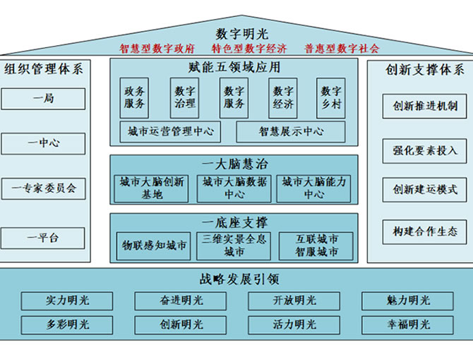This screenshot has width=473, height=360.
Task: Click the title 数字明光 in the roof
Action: click(x=241, y=34)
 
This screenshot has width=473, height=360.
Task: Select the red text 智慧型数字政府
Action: click(x=157, y=49)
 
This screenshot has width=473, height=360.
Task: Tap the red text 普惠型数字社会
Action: click(x=342, y=49)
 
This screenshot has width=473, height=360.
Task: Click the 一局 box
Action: click(x=43, y=99)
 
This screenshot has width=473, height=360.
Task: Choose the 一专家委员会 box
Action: click(x=44, y=188)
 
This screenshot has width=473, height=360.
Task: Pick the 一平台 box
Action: click(x=42, y=238)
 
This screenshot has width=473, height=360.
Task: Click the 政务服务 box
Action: click(x=134, y=97)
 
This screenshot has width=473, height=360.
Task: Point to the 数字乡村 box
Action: click(x=331, y=97)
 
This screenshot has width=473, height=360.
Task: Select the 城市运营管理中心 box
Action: click(x=170, y=131)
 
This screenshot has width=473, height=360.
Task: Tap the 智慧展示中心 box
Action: click(x=291, y=131)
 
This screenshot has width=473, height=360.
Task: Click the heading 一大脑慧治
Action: click(x=234, y=164)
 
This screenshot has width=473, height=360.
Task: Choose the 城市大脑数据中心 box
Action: click(x=234, y=188)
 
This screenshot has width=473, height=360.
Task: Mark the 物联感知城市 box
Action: click(x=153, y=246)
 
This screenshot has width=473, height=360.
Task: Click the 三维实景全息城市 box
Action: click(x=234, y=246)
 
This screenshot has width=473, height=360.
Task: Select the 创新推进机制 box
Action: click(x=425, y=106)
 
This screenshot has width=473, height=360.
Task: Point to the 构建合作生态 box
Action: click(x=425, y=232)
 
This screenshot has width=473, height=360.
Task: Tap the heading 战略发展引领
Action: click(x=239, y=280)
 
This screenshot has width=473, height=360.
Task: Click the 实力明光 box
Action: click(x=67, y=301)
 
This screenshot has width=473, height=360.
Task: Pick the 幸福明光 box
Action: click(x=407, y=325)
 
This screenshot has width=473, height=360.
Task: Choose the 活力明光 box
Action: click(x=294, y=325)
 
